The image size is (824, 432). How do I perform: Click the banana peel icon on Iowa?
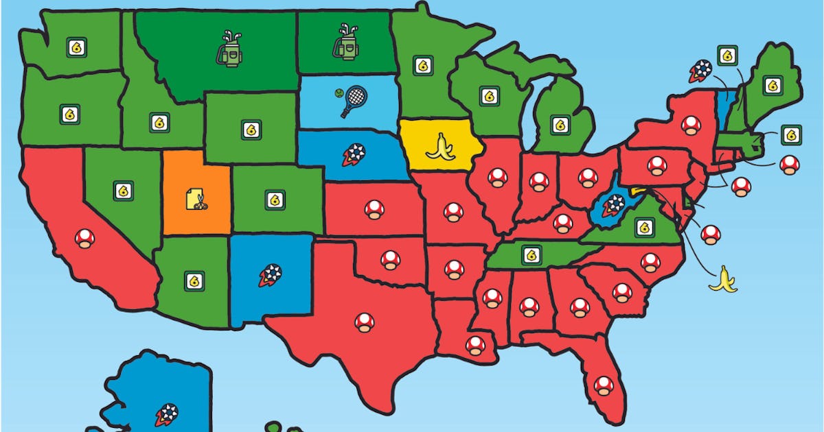440,147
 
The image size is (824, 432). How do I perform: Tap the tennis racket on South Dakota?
351,101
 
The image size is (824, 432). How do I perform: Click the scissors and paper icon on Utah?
196,200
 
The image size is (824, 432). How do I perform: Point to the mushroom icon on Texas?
365,321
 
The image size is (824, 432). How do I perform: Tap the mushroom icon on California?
84,238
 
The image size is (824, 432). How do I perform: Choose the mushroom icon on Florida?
604,385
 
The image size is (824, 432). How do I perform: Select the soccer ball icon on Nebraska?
354,154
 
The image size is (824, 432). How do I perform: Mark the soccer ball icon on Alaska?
166,414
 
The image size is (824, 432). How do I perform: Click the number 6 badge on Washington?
77,47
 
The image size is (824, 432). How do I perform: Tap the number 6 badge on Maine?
773,86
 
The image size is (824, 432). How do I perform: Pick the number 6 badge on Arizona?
194,280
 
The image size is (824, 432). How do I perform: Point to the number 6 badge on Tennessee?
531,255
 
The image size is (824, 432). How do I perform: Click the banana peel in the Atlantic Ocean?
722,279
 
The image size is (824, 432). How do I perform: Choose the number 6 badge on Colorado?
275,200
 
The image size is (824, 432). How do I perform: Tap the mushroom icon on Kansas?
374,209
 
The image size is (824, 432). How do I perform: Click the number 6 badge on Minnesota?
423,65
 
